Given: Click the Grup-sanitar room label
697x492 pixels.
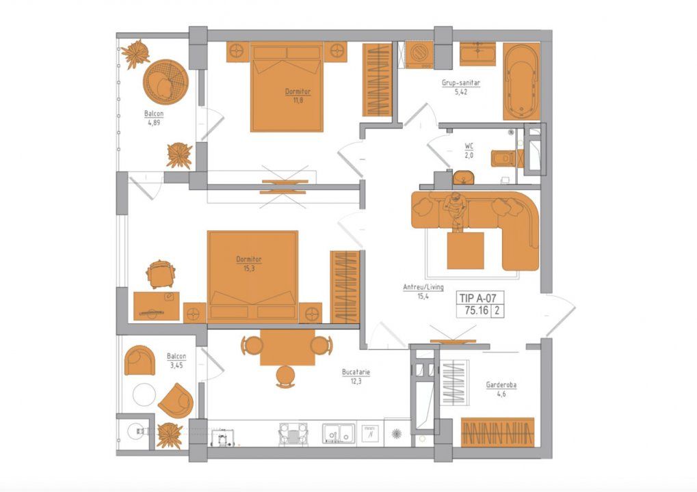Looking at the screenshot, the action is tap(460, 83).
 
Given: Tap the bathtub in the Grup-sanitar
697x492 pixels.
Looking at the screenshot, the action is tap(521, 81).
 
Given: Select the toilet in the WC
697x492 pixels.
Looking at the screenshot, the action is tap(503, 159).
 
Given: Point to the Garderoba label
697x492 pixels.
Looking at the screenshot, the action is tap(501, 385).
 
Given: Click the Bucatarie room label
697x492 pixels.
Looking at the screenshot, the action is tap(356, 372).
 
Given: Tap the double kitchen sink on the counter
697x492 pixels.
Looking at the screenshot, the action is tap(339, 433).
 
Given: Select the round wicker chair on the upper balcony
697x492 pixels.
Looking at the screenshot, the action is tap(166, 82).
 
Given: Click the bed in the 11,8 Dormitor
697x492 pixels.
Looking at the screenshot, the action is tap(287, 87).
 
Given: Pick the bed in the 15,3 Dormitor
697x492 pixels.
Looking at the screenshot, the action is tap(252, 276).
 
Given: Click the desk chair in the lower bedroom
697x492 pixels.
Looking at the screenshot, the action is tap(161, 274).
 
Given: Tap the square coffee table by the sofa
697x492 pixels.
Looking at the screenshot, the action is tap(465, 250).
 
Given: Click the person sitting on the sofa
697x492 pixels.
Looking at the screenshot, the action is tap(456, 211).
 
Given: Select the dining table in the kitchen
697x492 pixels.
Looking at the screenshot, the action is tap(287, 347).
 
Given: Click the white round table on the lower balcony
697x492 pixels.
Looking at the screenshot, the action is tap(144, 394).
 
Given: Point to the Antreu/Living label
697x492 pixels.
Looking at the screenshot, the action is tap(423, 287).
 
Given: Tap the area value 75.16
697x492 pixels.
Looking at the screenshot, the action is tap(476, 310).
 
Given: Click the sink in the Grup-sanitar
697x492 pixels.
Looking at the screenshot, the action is tap(477, 54).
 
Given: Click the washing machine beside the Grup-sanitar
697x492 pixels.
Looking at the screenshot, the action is tap(419, 55).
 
